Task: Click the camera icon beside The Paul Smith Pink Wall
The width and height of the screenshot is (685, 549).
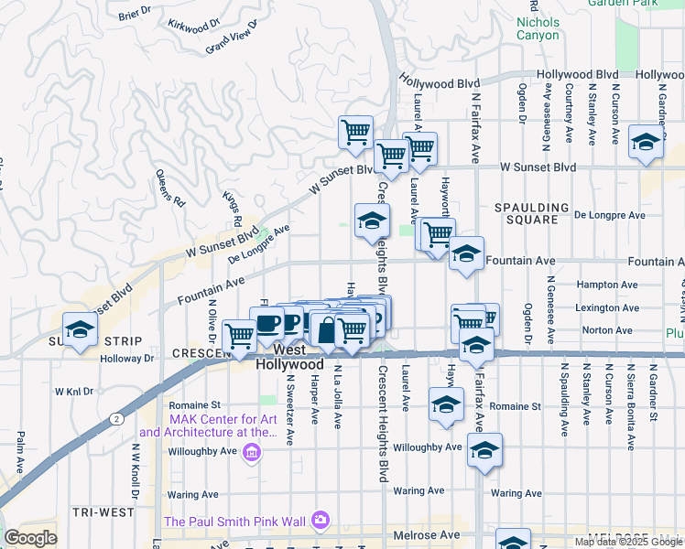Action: tap(320, 521)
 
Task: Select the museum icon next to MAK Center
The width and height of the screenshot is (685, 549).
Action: tap(253, 451)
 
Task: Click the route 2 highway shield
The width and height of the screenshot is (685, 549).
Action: tap(116, 418)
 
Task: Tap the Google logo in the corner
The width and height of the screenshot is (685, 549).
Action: tap(30, 538)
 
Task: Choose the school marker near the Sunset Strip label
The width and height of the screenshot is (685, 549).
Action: tap(80, 330)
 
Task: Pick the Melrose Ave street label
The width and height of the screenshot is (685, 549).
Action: tap(427, 534)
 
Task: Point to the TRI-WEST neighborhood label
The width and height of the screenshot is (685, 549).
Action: tap(102, 512)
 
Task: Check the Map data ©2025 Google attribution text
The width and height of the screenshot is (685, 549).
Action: tap(628, 542)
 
